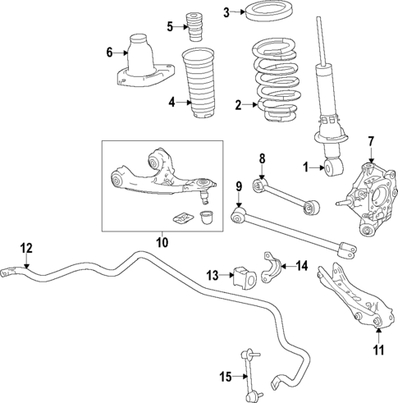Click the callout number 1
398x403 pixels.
click(304, 167)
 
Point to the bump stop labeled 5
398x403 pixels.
click(196, 26)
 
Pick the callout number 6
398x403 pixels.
click(109, 53)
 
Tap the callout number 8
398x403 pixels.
click(262, 158)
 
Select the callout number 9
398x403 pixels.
click(239, 187)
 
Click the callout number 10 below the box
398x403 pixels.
click(161, 242)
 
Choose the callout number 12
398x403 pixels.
click(26, 248)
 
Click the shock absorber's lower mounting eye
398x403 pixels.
click(333, 167)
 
